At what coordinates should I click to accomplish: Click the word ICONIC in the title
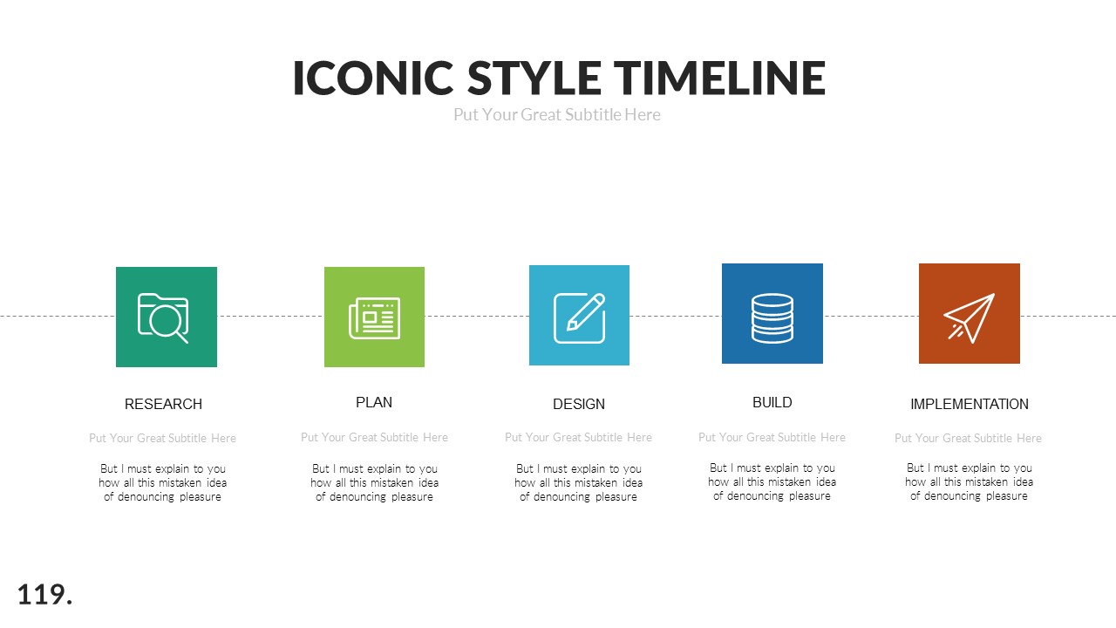pos(373,78)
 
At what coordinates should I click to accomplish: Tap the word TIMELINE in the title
pos(719,78)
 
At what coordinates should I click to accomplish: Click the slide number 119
pos(44,595)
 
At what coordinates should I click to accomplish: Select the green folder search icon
pos(166,317)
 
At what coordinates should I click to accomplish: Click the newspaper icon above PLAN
pos(374,317)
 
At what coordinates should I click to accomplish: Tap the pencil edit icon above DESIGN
pos(579,316)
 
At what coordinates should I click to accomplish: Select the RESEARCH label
pos(163,404)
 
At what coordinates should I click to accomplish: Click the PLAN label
pos(374,402)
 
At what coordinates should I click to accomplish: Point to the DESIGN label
pos(579,404)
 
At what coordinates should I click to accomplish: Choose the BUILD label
pos(772,402)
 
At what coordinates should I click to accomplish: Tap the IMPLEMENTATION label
pos(970,404)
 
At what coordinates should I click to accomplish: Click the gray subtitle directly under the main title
pos(557,115)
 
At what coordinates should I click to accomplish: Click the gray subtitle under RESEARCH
pos(163,438)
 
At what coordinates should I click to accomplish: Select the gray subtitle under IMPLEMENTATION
pos(968,438)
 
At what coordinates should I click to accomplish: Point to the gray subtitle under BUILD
pos(772,437)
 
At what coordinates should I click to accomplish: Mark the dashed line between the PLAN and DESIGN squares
pos(477,316)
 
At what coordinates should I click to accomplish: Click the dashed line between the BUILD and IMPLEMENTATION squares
pos(871,316)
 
